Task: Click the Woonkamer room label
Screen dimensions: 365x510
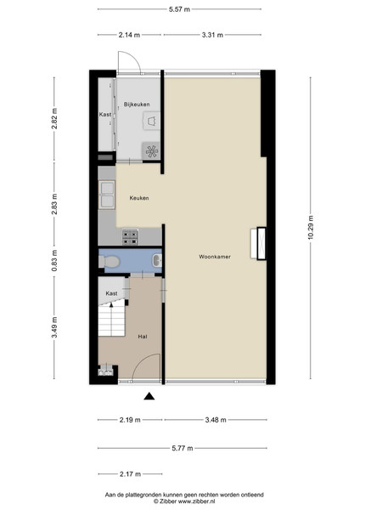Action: [x=215, y=257]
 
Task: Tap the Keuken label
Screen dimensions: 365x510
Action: [x=139, y=198]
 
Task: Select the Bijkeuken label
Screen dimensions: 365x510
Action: [x=137, y=105]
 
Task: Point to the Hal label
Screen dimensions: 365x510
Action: [x=143, y=337]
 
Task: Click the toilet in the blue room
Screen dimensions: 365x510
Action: [x=109, y=261]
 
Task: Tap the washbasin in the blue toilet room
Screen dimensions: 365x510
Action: [x=157, y=261]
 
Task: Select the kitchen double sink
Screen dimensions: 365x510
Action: [x=107, y=195]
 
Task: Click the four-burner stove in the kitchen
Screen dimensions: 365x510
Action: [x=130, y=237]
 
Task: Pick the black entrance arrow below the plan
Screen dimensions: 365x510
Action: [x=149, y=396]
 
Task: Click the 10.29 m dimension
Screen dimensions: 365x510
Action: [x=311, y=228]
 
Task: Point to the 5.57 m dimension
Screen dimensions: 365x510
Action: [x=179, y=9]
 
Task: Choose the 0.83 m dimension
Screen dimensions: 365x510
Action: [x=54, y=261]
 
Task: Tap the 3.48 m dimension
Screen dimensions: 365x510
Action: [x=216, y=420]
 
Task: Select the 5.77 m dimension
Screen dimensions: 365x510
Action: [x=182, y=448]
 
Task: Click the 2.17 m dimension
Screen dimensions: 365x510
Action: [x=130, y=474]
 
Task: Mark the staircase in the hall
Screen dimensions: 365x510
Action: [x=112, y=320]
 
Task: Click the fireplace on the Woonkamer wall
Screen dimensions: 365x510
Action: [x=259, y=243]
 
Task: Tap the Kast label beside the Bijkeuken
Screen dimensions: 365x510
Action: [x=105, y=115]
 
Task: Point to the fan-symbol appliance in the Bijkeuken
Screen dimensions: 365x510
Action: [x=151, y=151]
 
